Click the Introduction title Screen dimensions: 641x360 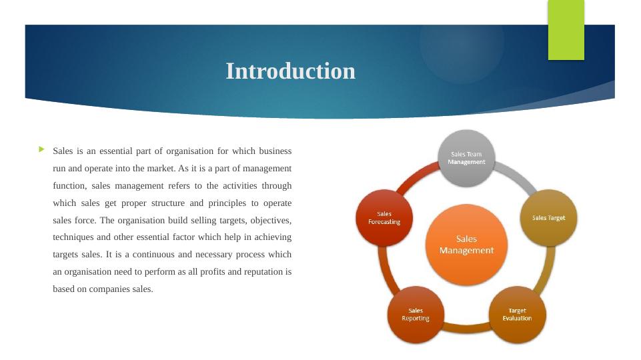pyautogui.click(x=291, y=71)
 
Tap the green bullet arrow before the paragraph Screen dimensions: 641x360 pyautogui.click(x=42, y=149)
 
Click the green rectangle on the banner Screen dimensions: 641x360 pyautogui.click(x=566, y=30)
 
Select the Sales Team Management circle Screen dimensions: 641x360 pyautogui.click(x=466, y=158)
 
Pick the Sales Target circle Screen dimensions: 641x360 pyautogui.click(x=548, y=218)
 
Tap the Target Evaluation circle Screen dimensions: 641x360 pyautogui.click(x=517, y=315)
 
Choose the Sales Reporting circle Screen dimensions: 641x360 pyautogui.click(x=416, y=315)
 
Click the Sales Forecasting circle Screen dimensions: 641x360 pyautogui.click(x=384, y=218)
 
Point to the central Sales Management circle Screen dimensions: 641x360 pyautogui.click(x=466, y=245)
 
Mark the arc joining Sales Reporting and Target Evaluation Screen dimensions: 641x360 pyautogui.click(x=466, y=328)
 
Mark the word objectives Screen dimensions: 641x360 pyautogui.click(x=271, y=221)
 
